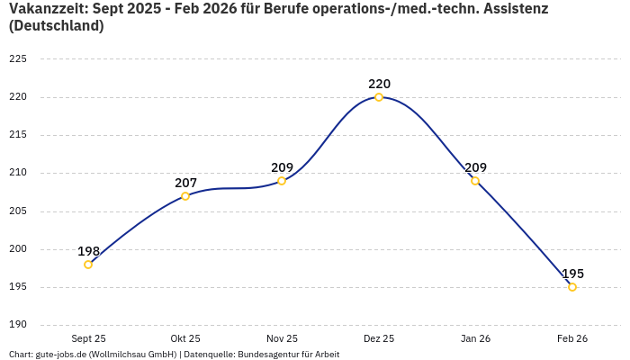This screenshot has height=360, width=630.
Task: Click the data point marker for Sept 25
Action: (x=88, y=265)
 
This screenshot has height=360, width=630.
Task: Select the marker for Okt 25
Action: (x=185, y=196)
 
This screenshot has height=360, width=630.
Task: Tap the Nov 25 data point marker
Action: (x=282, y=181)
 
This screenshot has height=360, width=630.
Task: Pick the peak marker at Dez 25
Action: (x=379, y=97)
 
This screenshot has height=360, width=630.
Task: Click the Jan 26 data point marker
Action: (x=475, y=181)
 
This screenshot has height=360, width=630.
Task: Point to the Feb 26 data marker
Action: (x=572, y=287)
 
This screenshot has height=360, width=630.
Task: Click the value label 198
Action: (x=88, y=252)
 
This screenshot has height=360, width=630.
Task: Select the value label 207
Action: (x=185, y=184)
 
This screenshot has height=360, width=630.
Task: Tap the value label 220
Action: (x=379, y=85)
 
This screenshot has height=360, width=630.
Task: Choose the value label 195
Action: (x=572, y=274)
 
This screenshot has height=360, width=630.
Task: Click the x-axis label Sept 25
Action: (x=88, y=338)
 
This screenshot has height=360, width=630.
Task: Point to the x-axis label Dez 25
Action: (x=379, y=338)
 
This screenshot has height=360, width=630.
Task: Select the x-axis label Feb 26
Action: (x=572, y=338)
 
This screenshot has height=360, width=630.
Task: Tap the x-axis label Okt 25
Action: (x=185, y=338)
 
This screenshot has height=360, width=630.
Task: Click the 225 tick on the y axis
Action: (x=18, y=59)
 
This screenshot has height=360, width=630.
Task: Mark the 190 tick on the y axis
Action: (x=18, y=325)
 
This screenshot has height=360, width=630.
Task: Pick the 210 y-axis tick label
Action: (x=18, y=173)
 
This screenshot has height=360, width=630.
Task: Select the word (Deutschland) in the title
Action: (x=56, y=26)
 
